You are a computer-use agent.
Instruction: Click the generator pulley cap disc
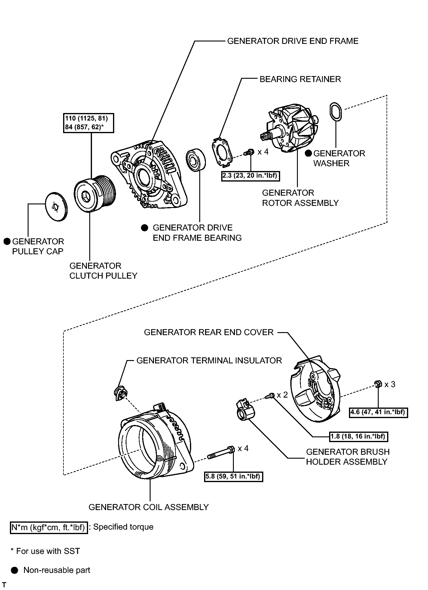tap(56, 207)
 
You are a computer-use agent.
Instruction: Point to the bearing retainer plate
tap(222, 152)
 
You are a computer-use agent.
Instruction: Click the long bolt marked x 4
tap(221, 452)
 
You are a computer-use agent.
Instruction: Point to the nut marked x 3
tap(378, 384)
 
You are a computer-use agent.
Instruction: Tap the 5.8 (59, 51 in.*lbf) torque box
tap(234, 476)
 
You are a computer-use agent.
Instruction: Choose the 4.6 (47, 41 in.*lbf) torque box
tap(378, 412)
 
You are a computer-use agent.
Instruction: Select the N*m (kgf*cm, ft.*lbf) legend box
tap(49, 527)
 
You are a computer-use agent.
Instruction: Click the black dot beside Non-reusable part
tap(14, 570)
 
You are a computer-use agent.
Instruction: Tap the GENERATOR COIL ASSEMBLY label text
tap(148, 507)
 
